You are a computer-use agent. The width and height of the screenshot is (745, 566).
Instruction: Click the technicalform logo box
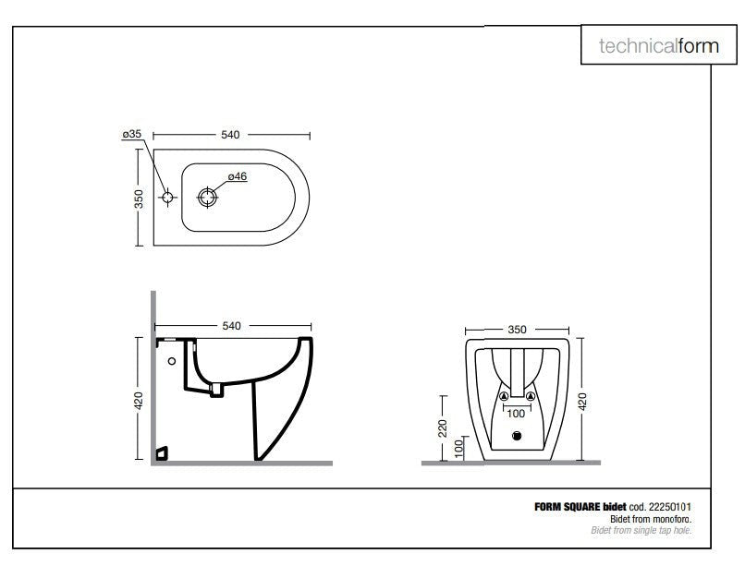tap(657, 46)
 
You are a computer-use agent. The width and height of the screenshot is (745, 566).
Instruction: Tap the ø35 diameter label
tap(131, 135)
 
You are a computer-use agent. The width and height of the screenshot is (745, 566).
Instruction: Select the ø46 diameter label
tap(238, 176)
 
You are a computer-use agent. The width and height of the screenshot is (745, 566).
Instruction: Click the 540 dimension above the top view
tap(230, 135)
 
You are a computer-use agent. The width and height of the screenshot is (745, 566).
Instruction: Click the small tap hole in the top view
tap(167, 197)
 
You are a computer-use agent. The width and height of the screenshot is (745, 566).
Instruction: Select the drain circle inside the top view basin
tap(208, 196)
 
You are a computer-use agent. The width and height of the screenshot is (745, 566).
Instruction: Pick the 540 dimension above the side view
tap(230, 326)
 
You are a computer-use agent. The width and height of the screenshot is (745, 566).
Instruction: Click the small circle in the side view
tap(172, 360)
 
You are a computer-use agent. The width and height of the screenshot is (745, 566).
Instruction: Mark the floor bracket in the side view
tap(164, 452)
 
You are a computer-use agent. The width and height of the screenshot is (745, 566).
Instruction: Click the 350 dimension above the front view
tap(517, 328)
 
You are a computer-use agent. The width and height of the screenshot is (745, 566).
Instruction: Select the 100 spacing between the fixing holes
tap(517, 414)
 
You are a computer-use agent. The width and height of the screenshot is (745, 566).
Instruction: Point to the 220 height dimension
tap(443, 428)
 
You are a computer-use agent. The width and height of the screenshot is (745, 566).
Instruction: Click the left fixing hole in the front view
tap(504, 397)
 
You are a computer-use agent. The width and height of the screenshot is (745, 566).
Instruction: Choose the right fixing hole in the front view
tap(531, 397)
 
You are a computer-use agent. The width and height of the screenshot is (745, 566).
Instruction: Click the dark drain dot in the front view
tap(517, 437)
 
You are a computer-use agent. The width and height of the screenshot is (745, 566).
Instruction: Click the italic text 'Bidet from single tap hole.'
tap(641, 530)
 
